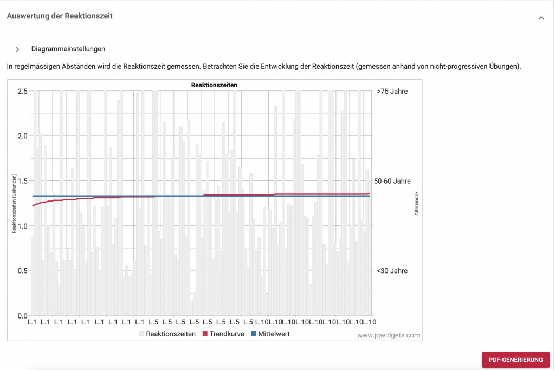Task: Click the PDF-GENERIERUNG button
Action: [x=515, y=360]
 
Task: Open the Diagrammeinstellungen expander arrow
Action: [x=17, y=49]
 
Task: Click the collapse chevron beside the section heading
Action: [x=541, y=18]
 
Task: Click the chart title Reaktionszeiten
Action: [x=214, y=85]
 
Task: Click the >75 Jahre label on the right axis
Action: [x=392, y=92]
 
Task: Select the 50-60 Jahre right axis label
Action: [x=392, y=181]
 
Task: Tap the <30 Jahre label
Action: [x=392, y=271]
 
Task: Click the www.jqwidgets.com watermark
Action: [x=388, y=335]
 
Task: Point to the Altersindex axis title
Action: [x=417, y=203]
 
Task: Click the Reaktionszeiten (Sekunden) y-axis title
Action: [x=14, y=204]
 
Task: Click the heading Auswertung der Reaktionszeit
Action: [x=60, y=16]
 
